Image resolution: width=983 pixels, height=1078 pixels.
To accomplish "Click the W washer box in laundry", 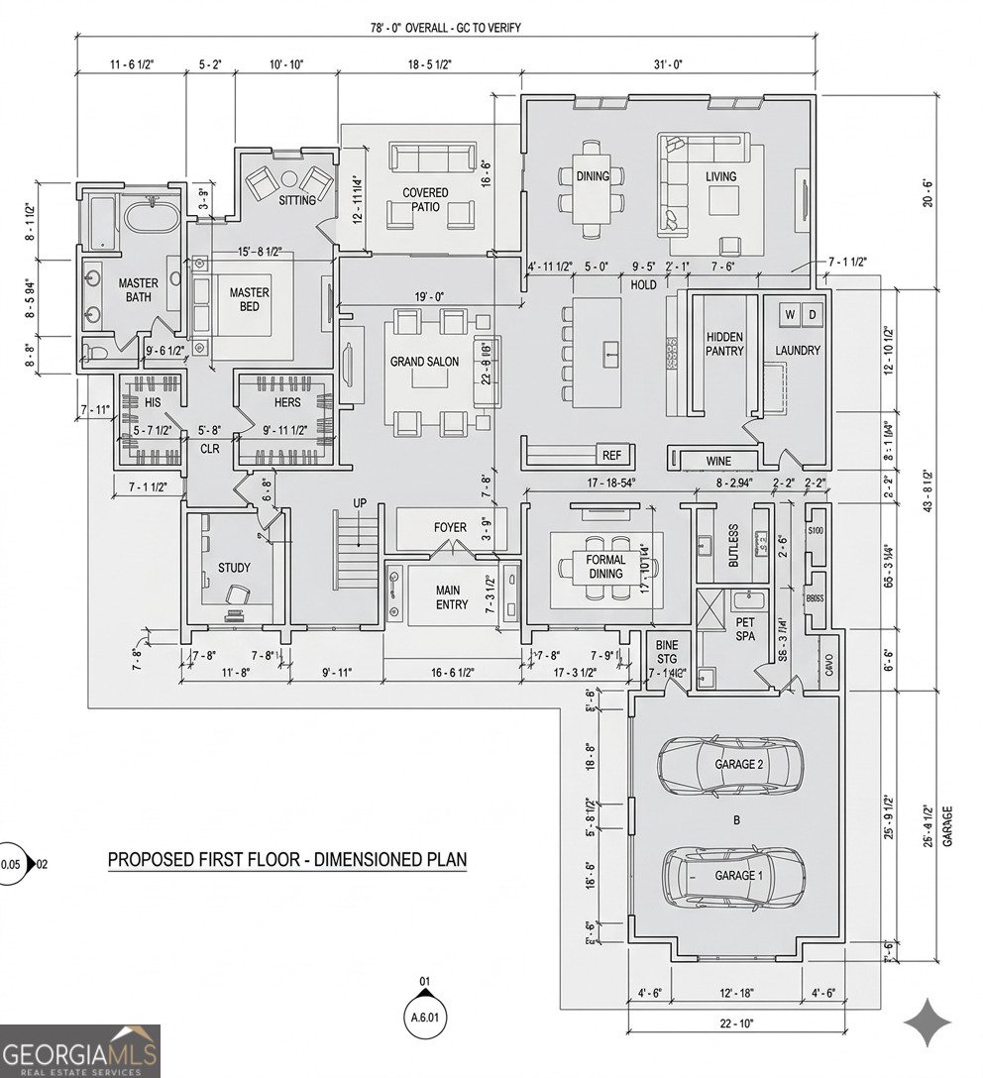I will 791,314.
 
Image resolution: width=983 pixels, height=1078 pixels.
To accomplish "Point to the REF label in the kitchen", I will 611,455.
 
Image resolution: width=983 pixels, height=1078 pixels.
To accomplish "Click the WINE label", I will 718,461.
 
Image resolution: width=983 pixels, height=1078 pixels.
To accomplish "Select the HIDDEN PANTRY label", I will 724,344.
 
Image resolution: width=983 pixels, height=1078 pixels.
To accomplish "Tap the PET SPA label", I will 745,628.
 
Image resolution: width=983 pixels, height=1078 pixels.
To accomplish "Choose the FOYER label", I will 450,527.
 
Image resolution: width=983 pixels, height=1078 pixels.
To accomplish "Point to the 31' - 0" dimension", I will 669,65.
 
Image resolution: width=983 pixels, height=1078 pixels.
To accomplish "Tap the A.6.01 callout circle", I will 424,1016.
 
